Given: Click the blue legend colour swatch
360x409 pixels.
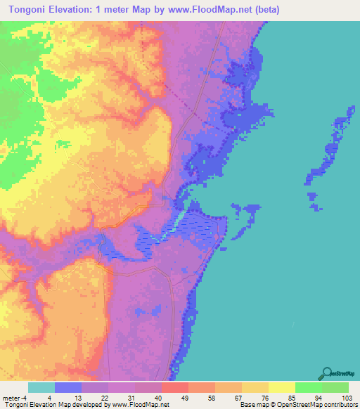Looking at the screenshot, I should [x=68, y=387].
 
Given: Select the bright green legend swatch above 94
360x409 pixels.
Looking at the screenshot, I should [x=309, y=387].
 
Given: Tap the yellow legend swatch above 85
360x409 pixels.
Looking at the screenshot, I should [x=282, y=387].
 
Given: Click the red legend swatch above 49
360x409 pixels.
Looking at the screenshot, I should [x=175, y=387].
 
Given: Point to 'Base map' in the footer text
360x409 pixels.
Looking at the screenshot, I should [x=252, y=405].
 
